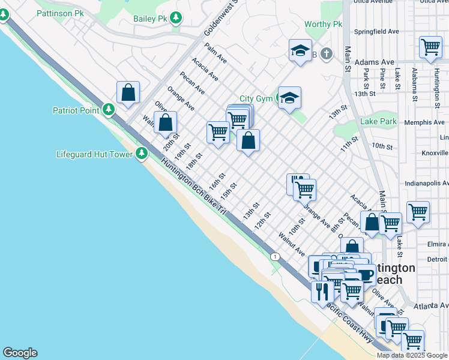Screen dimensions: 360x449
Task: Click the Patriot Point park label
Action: click(76, 110)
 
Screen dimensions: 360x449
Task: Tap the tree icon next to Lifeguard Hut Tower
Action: click(142, 154)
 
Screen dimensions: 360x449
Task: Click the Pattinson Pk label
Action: click(60, 12)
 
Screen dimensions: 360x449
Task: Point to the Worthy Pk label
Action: click(323, 24)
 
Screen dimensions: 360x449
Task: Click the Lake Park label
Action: click(379, 122)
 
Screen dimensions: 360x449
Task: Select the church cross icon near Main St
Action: click(326, 55)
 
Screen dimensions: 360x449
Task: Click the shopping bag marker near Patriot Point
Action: click(128, 93)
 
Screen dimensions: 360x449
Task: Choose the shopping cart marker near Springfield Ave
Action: click(430, 47)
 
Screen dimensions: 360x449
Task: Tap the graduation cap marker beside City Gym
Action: click(289, 98)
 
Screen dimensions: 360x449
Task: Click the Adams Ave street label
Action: click(375, 62)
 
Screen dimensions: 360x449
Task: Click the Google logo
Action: click(20, 353)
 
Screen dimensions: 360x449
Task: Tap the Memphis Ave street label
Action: click(425, 122)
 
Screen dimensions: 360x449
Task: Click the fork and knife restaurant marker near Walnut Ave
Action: click(322, 292)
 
